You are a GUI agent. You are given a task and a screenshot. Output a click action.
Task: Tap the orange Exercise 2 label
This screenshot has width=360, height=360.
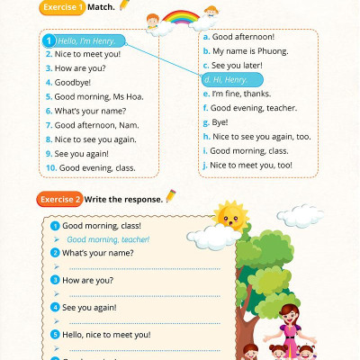pos(60,197)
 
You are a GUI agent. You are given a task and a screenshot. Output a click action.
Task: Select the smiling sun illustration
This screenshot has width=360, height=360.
pos(230,216)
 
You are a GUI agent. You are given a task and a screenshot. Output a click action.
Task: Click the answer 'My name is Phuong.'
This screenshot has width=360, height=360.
pos(250,50)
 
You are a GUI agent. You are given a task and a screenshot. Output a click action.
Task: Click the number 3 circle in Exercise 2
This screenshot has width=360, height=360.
pos(55,280)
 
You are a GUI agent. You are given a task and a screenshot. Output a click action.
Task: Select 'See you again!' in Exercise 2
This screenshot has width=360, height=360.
pos(89,307)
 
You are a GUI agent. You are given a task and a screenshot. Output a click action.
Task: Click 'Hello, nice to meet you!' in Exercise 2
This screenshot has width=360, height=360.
pos(106,334)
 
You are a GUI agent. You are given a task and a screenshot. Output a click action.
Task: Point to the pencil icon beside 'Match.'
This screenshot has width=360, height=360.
pos(124,6)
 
